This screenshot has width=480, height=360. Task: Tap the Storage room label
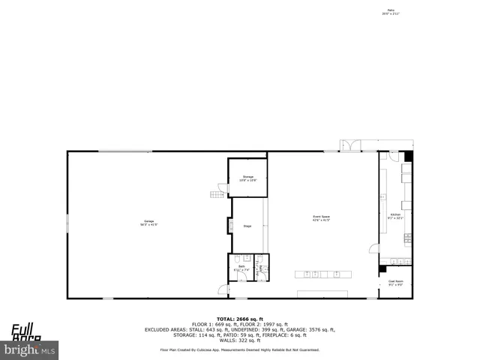tap(247, 178)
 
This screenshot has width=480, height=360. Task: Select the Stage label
tap(247, 225)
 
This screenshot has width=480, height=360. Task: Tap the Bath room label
tap(241, 268)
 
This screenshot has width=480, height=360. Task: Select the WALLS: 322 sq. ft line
tap(239, 340)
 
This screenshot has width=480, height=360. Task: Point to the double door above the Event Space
tap(351, 145)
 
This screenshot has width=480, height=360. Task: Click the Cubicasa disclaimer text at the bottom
tap(239, 349)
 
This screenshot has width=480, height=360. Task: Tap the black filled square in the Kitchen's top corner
tap(408, 156)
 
